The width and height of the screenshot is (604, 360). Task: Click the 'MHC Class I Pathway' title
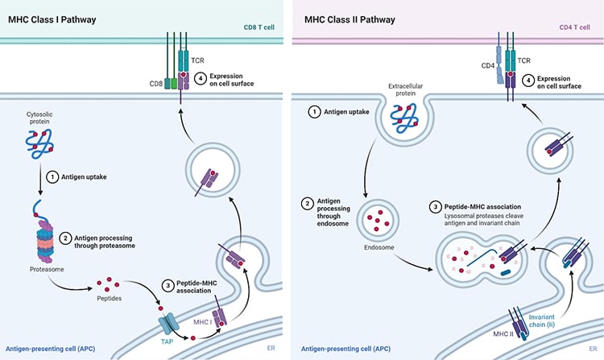(52, 19)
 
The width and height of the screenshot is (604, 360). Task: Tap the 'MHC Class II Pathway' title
(350, 19)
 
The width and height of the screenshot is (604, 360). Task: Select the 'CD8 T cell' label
(259, 27)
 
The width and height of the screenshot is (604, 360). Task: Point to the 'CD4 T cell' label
(574, 27)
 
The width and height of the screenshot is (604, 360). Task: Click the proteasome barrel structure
(45, 241)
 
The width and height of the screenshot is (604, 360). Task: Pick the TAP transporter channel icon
(168, 324)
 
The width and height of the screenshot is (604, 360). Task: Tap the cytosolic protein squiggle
(39, 144)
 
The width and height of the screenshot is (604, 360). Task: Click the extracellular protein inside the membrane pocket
(404, 118)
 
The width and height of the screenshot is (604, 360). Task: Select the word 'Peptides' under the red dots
(109, 299)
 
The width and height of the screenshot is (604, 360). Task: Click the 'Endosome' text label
(379, 247)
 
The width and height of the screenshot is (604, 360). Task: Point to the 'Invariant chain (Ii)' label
(542, 321)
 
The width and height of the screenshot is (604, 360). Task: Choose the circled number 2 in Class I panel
(65, 238)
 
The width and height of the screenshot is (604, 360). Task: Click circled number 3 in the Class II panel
(435, 207)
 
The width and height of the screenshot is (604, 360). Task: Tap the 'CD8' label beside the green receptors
(156, 84)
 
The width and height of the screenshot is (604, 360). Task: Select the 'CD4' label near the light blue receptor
(488, 66)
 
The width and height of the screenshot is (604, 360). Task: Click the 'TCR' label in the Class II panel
(524, 61)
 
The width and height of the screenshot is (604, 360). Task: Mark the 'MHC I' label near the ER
(203, 322)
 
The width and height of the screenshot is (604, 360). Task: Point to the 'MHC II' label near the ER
(503, 333)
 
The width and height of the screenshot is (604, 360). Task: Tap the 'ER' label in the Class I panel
(271, 348)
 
